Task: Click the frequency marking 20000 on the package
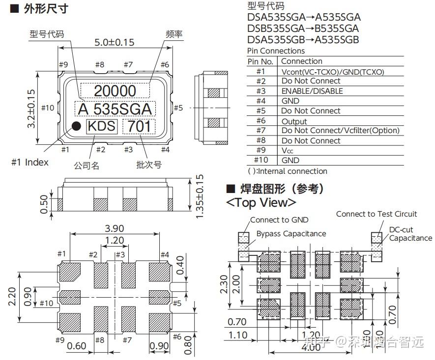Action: coord(115,91)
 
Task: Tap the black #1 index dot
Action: coord(77,126)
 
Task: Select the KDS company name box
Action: coord(102,126)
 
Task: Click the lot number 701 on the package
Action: coord(139,127)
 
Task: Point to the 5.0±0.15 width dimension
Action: coord(114,42)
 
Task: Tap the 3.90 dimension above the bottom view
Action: coord(114,228)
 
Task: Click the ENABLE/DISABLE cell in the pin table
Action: coord(312,91)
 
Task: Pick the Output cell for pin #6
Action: coord(294,121)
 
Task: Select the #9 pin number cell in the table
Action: coord(261,150)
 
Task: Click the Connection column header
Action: coord(302,61)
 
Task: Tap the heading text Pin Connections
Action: coord(275,51)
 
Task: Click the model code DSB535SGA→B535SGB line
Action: coord(303,28)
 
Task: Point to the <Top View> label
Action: coord(261,202)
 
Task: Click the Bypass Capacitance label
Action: coord(291,234)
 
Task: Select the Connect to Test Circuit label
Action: coord(376,214)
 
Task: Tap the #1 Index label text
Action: coord(30,162)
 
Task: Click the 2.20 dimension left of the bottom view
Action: coord(13,297)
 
